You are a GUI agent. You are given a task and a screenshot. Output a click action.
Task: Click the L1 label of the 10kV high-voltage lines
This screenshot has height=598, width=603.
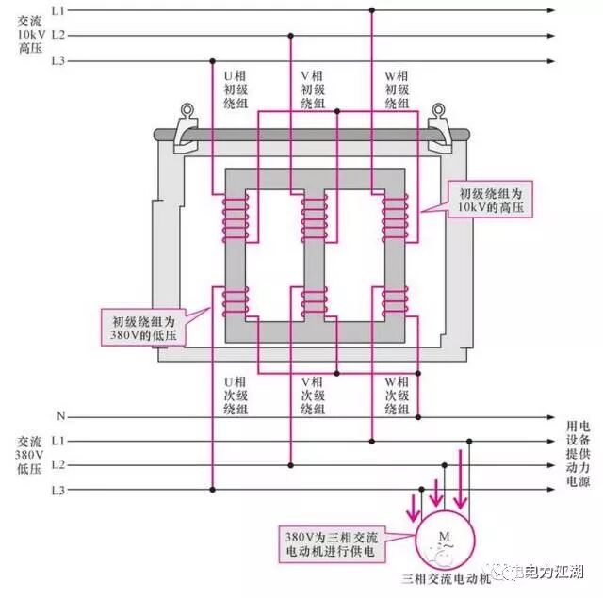pyautogui.click(x=58, y=10)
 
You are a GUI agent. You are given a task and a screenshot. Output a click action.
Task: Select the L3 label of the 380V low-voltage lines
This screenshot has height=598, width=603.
pyautogui.click(x=58, y=490)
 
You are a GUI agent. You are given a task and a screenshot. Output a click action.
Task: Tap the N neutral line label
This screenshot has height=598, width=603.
pyautogui.click(x=60, y=416)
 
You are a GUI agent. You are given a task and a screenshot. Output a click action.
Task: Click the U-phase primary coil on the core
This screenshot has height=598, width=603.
pyautogui.click(x=234, y=218)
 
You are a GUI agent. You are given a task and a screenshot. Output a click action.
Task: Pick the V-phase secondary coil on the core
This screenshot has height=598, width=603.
pyautogui.click(x=314, y=301)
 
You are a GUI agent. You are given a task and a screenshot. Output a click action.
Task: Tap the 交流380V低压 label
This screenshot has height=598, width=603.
pyautogui.click(x=28, y=465)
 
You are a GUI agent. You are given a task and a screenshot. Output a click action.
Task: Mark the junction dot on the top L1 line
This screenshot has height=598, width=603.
pyautogui.click(x=372, y=10)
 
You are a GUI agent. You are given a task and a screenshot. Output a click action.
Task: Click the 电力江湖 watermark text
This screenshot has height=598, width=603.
pyautogui.click(x=551, y=571)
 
